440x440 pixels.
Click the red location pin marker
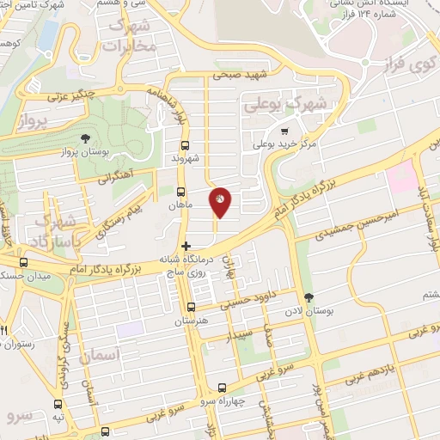[x=220, y=202]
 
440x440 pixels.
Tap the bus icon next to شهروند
[x=185, y=146]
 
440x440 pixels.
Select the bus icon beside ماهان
[x=180, y=192]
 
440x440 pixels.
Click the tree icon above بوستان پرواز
[x=84, y=138]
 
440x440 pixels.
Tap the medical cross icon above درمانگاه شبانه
[x=186, y=246]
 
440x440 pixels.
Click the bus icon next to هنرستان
[x=191, y=307]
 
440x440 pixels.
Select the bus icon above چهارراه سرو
[x=223, y=388]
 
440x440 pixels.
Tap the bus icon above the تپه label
[x=58, y=404]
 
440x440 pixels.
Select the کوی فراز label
[x=410, y=63]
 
